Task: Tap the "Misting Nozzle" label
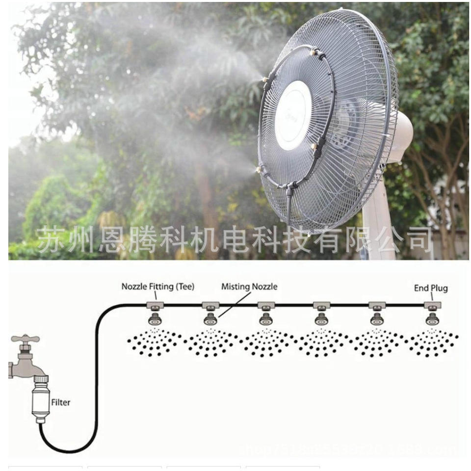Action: (249, 286)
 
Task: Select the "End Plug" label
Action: (431, 288)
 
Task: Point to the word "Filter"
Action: (61, 402)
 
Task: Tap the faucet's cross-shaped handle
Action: (25, 339)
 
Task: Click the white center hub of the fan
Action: (293, 115)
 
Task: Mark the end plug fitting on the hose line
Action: (432, 305)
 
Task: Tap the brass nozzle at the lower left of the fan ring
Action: (258, 170)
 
